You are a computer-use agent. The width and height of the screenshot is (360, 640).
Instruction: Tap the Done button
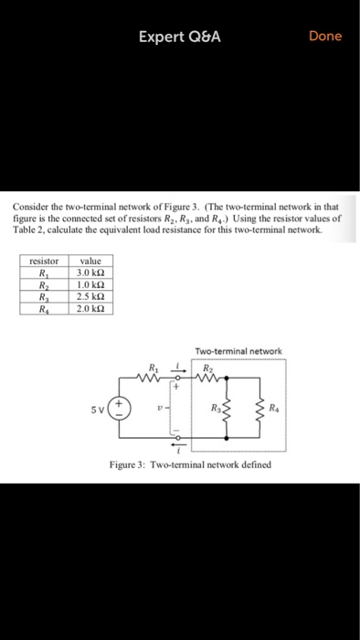(x=325, y=36)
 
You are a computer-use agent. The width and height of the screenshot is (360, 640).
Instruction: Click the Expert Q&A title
(x=180, y=37)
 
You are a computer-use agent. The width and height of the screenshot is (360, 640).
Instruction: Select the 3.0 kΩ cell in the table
(x=95, y=272)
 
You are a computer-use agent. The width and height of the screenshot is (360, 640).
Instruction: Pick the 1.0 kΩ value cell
(x=95, y=284)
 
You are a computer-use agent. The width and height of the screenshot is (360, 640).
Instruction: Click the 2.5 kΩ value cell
(x=95, y=296)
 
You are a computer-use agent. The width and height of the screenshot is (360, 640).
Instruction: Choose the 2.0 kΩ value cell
(x=95, y=308)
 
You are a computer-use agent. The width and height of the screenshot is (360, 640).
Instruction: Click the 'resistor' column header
(x=43, y=261)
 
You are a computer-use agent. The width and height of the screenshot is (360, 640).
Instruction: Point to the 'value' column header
(x=95, y=261)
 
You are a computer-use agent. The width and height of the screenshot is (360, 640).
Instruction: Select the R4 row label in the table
(x=43, y=308)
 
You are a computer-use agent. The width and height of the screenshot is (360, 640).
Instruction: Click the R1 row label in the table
(x=43, y=272)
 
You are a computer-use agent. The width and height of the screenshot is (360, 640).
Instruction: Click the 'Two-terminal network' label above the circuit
(x=238, y=351)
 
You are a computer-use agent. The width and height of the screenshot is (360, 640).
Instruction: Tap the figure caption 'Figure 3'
(x=189, y=464)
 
